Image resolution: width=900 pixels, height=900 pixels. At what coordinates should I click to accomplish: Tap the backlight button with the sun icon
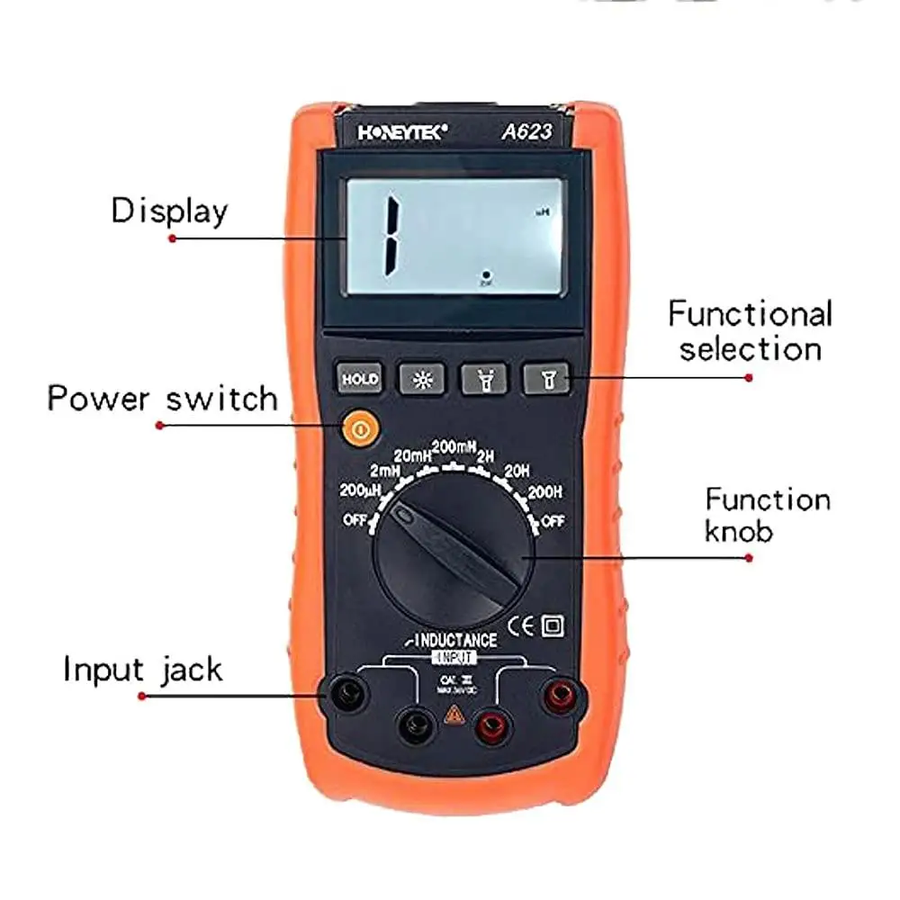pyautogui.click(x=420, y=379)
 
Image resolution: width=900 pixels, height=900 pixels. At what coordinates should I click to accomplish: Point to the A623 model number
pyautogui.click(x=526, y=131)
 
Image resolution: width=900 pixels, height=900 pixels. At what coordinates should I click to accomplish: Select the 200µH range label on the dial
pyautogui.click(x=361, y=492)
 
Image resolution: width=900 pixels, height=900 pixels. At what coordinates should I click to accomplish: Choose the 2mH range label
pyautogui.click(x=384, y=471)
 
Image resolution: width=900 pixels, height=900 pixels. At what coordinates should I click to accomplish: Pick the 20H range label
pyautogui.click(x=517, y=470)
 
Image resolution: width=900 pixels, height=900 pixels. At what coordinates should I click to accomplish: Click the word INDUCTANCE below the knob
pyautogui.click(x=455, y=641)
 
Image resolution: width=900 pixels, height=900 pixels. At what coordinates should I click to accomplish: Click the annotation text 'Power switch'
pyautogui.click(x=163, y=397)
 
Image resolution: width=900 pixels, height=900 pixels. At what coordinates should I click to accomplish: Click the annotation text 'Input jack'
pyautogui.click(x=142, y=670)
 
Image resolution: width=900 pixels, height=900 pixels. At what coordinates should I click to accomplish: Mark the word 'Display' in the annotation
pyautogui.click(x=169, y=211)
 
